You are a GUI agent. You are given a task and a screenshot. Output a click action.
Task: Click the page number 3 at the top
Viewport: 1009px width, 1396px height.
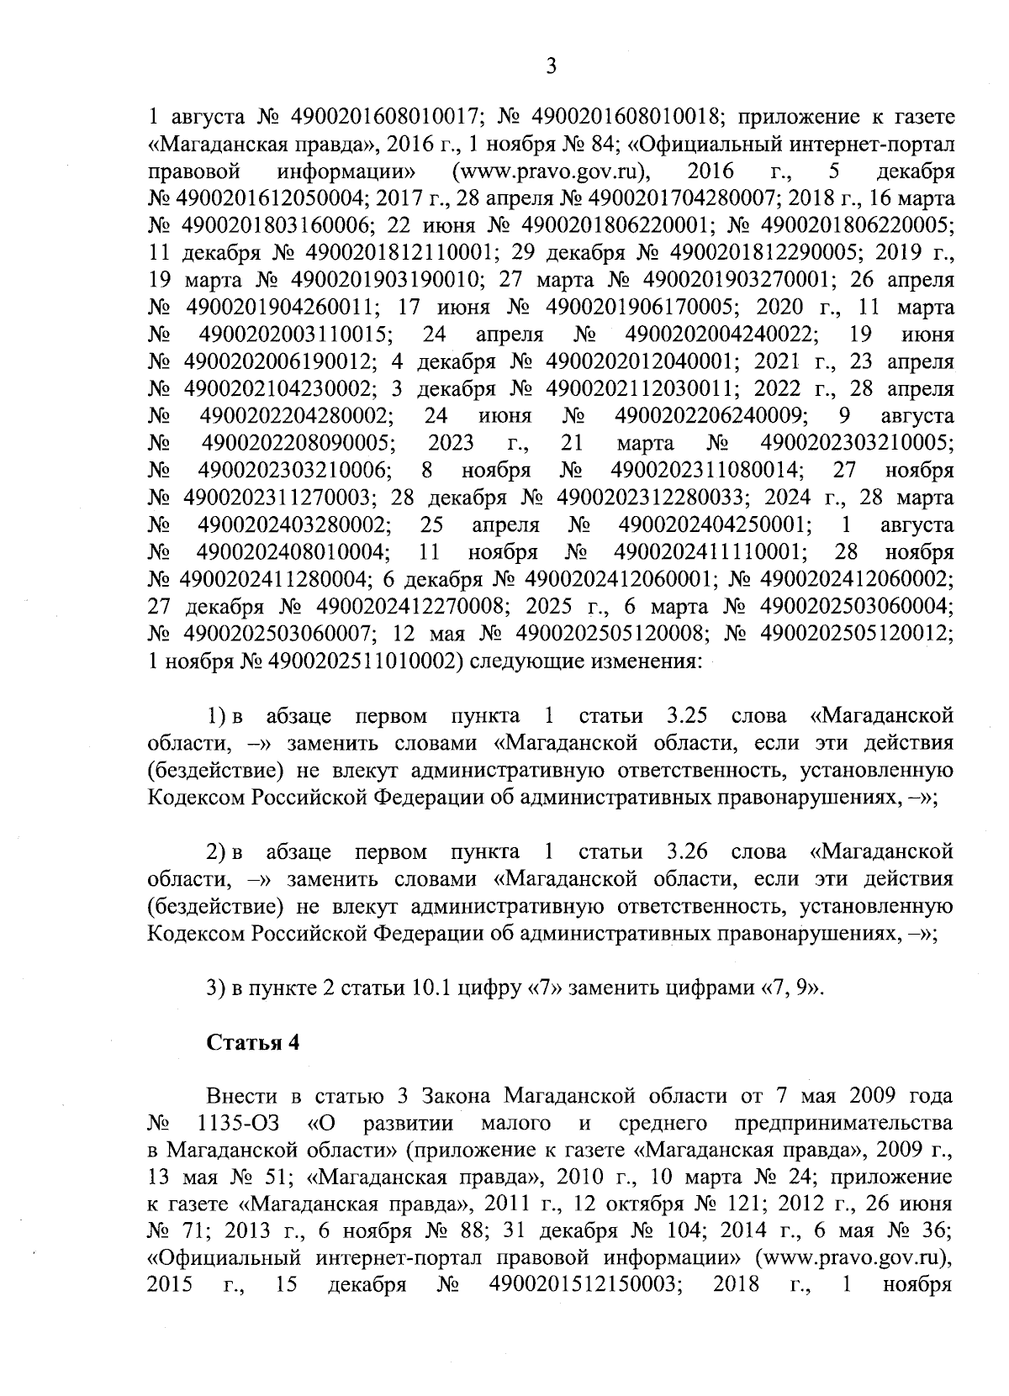[551, 66]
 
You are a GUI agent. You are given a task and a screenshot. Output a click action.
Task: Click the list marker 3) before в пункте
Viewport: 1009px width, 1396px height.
[216, 988]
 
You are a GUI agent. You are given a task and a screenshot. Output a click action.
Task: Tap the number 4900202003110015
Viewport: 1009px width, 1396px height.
[298, 335]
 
